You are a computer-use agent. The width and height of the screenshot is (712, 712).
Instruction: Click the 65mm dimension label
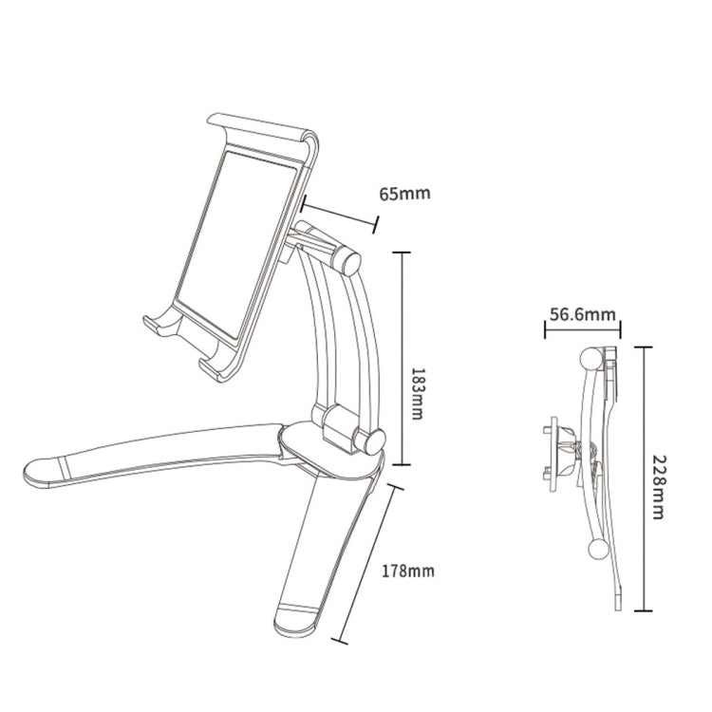pos(405,194)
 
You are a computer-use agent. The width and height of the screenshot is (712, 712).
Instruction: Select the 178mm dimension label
pos(408,571)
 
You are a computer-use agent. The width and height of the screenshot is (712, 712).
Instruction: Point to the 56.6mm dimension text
pos(582,313)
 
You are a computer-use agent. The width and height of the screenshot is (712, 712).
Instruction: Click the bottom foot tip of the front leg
pos(296,624)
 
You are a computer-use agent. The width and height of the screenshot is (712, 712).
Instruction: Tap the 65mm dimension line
pos(339,213)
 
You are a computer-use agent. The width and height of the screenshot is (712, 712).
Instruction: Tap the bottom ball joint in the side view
pos(599,549)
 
